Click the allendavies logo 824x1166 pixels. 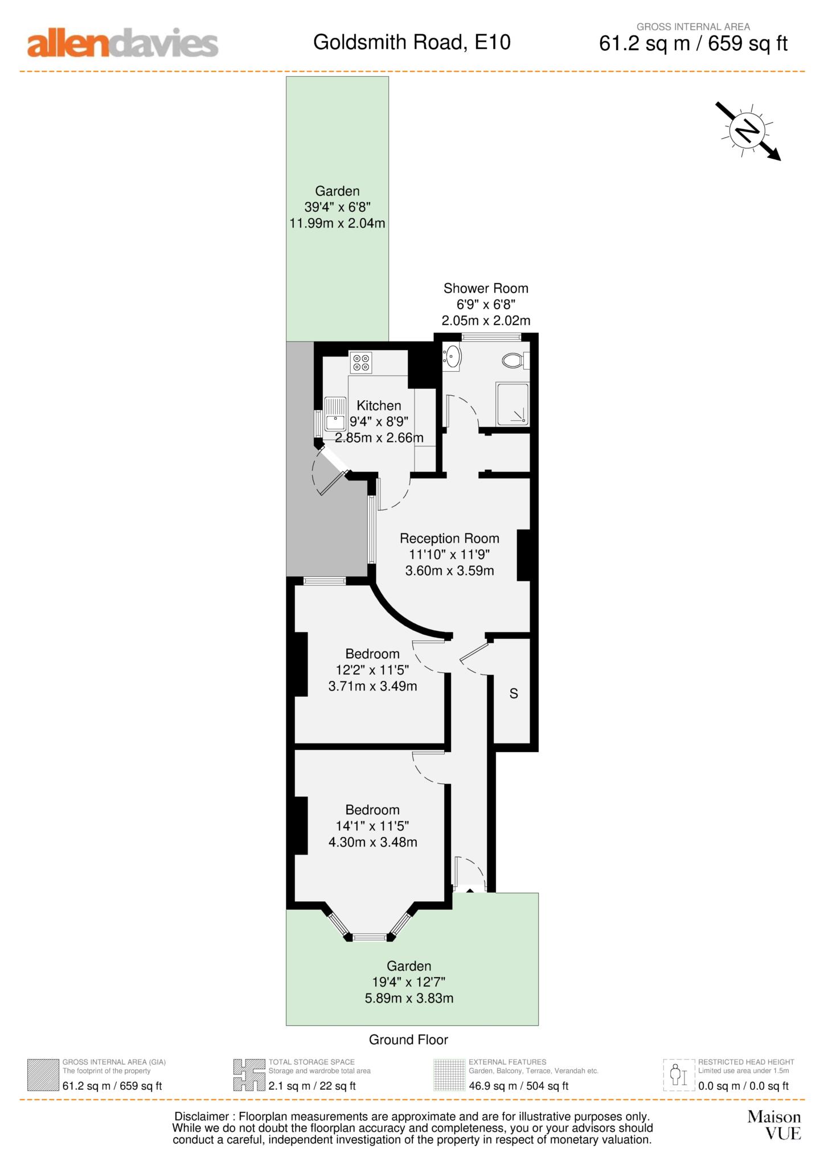click(x=122, y=44)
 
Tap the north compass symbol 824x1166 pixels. click(x=747, y=131)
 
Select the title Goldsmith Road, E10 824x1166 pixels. click(x=412, y=42)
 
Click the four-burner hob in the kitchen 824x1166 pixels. click(x=361, y=363)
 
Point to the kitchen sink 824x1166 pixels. click(x=335, y=414)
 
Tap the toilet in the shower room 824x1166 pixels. click(x=514, y=360)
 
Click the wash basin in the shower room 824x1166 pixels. click(x=452, y=357)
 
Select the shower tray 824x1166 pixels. click(x=512, y=404)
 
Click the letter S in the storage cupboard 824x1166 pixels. click(x=514, y=693)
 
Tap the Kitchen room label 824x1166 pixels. click(x=379, y=405)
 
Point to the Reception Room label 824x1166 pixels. click(x=449, y=538)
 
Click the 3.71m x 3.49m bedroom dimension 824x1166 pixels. click(x=372, y=686)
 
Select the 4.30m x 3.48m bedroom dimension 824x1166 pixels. click(x=372, y=842)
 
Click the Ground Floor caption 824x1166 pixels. click(x=408, y=1040)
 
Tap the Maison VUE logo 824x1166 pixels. click(x=774, y=1125)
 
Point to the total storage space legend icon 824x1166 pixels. click(x=249, y=1075)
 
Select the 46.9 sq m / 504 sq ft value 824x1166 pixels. click(x=518, y=1086)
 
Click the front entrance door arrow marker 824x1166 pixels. click(x=470, y=890)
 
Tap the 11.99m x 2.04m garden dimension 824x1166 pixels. click(x=337, y=223)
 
